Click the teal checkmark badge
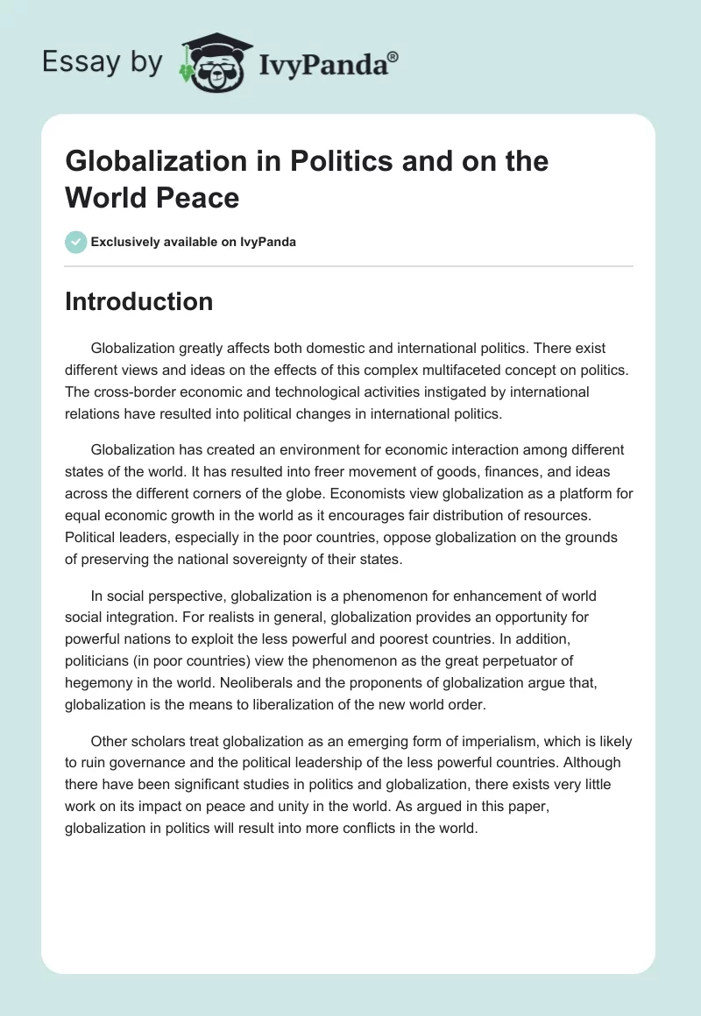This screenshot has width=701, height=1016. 76,242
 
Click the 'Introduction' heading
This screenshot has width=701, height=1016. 138,301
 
